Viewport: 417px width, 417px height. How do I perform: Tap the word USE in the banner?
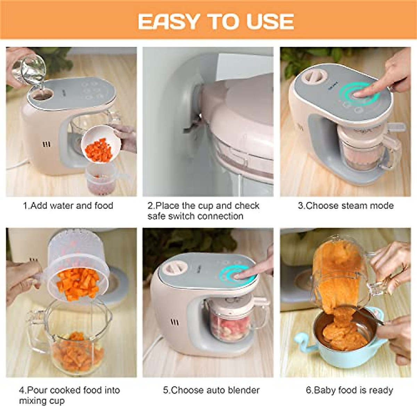(x=270, y=22)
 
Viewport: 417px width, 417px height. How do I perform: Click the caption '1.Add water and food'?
(x=68, y=206)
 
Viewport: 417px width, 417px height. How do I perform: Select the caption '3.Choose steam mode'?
(x=346, y=206)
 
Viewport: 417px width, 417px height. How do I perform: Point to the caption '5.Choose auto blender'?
(x=211, y=390)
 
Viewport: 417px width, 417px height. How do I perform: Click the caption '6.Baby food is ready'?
(x=349, y=390)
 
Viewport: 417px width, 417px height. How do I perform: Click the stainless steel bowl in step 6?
(x=344, y=330)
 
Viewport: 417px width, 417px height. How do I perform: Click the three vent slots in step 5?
(x=175, y=322)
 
